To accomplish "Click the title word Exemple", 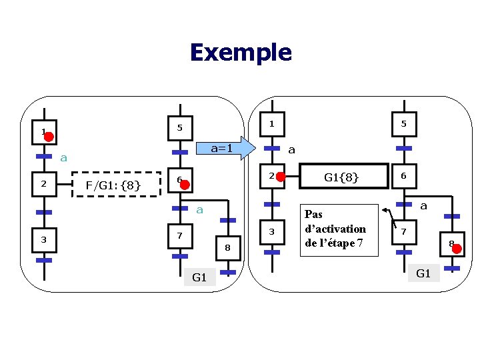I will [x=240, y=52].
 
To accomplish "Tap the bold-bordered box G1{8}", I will [x=341, y=177].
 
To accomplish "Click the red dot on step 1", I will [x=49, y=137].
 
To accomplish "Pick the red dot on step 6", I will [x=185, y=186].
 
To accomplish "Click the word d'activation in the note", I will [x=335, y=229].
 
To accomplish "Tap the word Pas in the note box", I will [x=313, y=215].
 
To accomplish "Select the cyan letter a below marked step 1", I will [x=63, y=158].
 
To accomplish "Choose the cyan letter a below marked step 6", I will [x=199, y=210].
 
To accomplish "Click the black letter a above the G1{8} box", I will [x=291, y=150].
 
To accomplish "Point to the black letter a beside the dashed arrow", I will [x=423, y=207].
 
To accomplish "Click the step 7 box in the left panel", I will [x=179, y=236].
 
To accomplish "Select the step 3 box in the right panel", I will [x=271, y=231].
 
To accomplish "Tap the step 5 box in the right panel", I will [x=403, y=123].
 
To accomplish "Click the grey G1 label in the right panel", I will [x=423, y=273].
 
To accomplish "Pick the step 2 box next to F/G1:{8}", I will [x=44, y=184].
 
